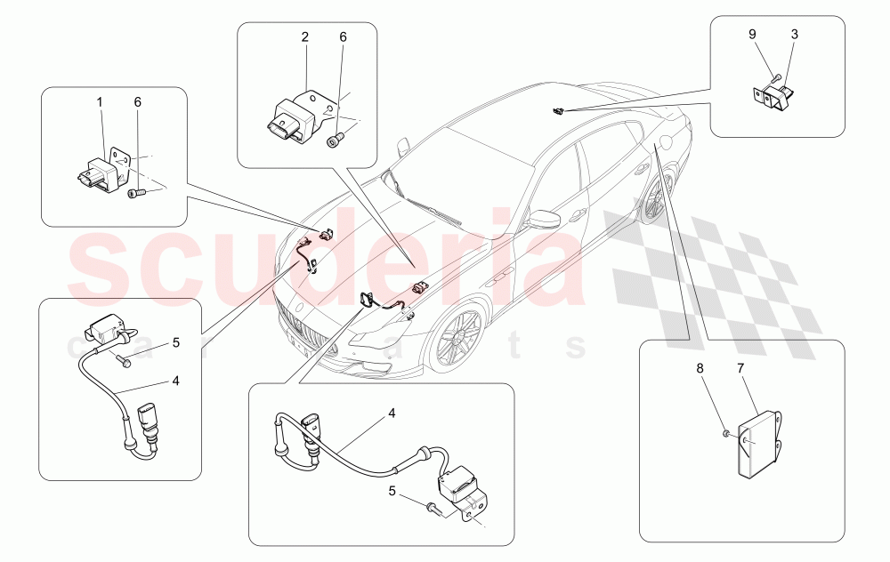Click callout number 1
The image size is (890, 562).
(x=100, y=102)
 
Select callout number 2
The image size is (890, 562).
(x=304, y=37)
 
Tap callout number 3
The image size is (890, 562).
(x=795, y=35)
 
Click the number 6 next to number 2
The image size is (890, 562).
(x=344, y=37)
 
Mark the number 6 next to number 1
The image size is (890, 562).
(x=137, y=102)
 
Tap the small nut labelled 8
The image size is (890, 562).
(x=726, y=433)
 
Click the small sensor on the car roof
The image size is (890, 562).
(x=556, y=111)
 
